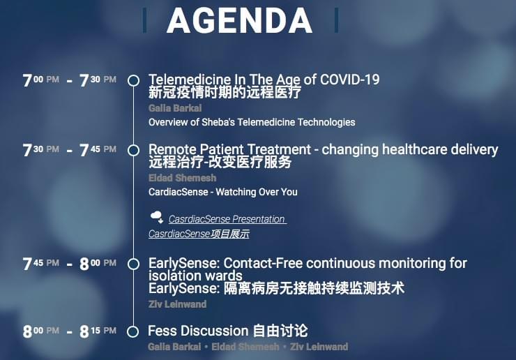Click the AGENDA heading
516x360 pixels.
coord(239,20)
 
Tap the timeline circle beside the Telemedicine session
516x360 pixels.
coord(133,77)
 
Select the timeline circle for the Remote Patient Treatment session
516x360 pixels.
coord(133,150)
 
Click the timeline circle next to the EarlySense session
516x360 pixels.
coord(133,264)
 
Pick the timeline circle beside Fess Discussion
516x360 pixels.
coord(133,331)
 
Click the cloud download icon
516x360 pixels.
coord(157,218)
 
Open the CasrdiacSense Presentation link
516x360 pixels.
coord(227,219)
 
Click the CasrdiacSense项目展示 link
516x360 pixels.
coord(199,234)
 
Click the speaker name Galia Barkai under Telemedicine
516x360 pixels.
coord(175,108)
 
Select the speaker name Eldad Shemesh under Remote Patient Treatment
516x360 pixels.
coord(182,178)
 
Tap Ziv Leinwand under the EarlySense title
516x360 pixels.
coord(177,304)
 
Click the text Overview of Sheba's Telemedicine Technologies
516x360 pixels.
coord(252,122)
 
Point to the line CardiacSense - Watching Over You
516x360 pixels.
coord(223,192)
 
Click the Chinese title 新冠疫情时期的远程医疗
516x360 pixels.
coord(225,92)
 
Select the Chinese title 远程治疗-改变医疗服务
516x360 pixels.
coord(220,162)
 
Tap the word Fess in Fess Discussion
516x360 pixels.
coord(163,331)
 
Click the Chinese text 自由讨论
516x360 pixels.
coord(280,331)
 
